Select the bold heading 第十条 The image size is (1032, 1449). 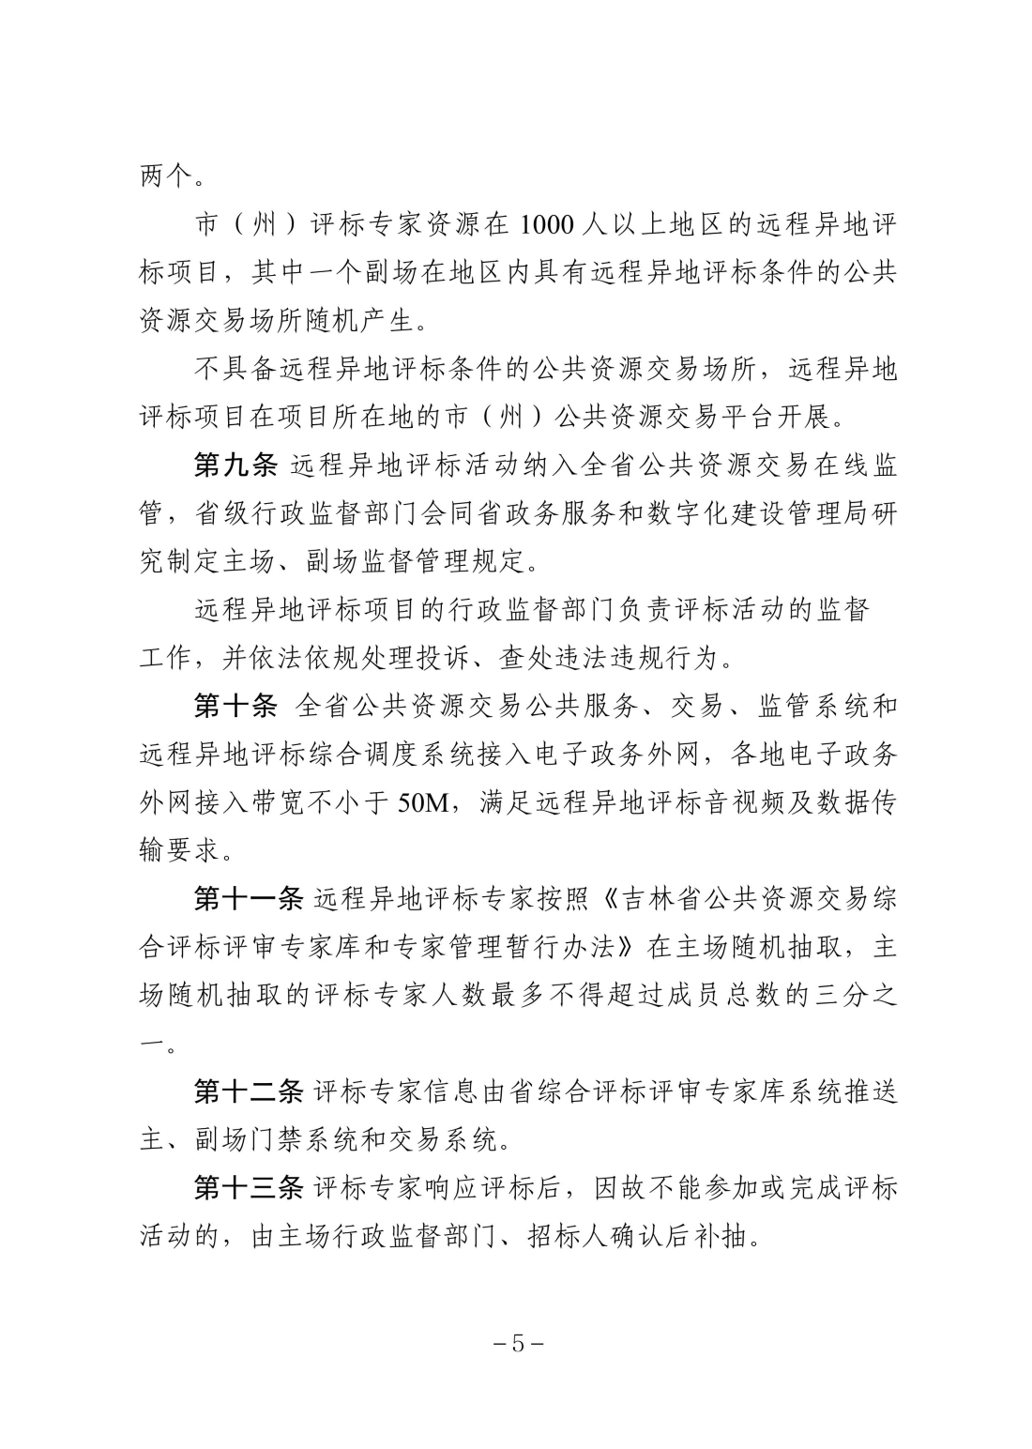pyautogui.click(x=235, y=706)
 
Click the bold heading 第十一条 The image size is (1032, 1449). pyautogui.click(x=249, y=899)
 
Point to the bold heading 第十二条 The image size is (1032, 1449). pyautogui.click(x=249, y=1091)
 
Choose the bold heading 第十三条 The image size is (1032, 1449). pyautogui.click(x=249, y=1188)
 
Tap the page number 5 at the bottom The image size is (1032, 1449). pyautogui.click(x=517, y=1343)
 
